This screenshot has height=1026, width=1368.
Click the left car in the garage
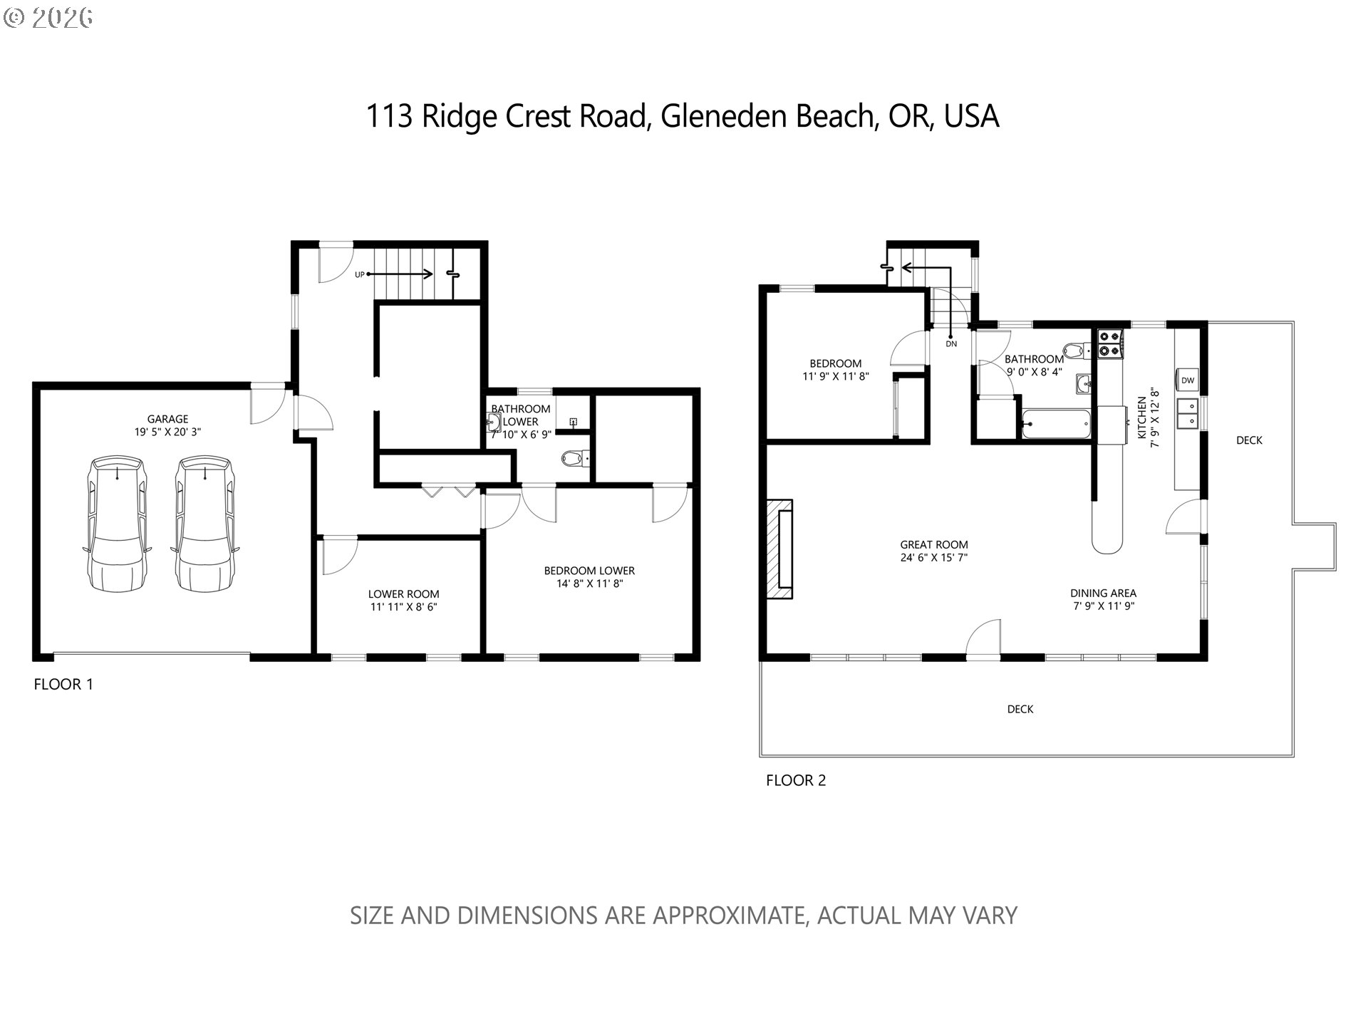click(x=117, y=524)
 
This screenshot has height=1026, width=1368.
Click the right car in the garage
click(x=204, y=524)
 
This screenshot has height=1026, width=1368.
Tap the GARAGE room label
click(x=167, y=419)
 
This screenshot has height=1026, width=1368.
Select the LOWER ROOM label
click(x=403, y=594)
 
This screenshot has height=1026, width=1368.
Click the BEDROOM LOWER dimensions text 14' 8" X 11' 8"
click(x=589, y=584)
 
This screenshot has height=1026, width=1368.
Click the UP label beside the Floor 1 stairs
click(x=360, y=274)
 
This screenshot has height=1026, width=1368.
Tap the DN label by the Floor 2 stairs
click(x=951, y=343)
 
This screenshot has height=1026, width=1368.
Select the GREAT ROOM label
click(x=933, y=544)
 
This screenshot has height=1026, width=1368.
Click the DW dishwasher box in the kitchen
click(x=1188, y=380)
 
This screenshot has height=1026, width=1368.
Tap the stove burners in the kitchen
click(x=1110, y=343)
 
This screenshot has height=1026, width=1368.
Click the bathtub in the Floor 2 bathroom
click(x=1056, y=425)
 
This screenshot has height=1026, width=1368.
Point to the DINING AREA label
click(x=1103, y=593)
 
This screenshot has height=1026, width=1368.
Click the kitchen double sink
click(x=1188, y=414)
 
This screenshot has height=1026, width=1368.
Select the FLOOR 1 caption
click(x=63, y=685)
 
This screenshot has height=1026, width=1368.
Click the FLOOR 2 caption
click(x=796, y=780)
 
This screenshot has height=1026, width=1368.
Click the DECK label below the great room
click(x=1020, y=709)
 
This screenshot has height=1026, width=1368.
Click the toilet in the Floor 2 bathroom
click(x=1074, y=351)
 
